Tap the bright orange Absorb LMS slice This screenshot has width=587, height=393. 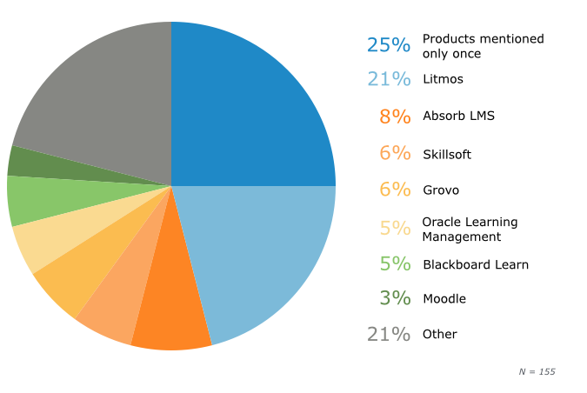[174, 313]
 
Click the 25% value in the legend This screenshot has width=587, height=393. [388, 45]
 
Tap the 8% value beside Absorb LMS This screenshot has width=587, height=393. [394, 117]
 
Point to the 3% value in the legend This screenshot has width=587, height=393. [394, 298]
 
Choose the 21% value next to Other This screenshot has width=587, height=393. [388, 334]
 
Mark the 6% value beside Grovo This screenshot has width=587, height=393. [394, 190]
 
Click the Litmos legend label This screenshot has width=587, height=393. [443, 79]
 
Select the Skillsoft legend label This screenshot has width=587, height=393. [447, 154]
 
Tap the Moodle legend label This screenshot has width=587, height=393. [444, 299]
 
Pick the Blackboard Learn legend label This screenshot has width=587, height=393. [475, 264]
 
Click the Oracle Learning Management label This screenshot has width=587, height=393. [469, 229]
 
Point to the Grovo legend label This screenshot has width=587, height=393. [440, 190]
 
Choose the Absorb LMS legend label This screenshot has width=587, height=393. [458, 116]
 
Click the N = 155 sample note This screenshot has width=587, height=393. [537, 371]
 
